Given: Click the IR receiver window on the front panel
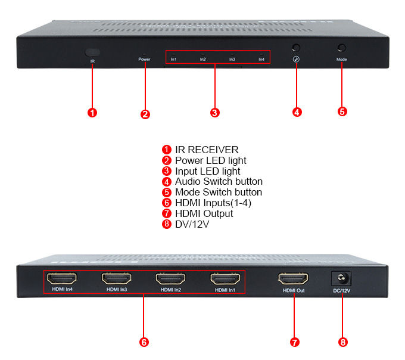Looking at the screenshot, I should (x=92, y=52).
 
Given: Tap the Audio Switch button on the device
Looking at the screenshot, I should (x=296, y=48).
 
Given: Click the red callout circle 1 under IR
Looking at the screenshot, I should (x=92, y=111).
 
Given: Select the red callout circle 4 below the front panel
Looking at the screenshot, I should (x=297, y=111).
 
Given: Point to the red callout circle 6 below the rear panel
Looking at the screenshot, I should (x=144, y=342).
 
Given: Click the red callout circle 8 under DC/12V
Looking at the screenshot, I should (x=342, y=342).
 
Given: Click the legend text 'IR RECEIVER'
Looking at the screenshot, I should (x=206, y=150).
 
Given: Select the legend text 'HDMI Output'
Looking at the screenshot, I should (x=204, y=213).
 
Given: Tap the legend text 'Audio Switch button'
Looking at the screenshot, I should (x=219, y=182).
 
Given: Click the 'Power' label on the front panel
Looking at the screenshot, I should (x=144, y=60).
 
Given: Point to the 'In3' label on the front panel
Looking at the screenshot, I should (x=232, y=60).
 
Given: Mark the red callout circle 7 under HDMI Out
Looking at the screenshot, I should (x=294, y=342).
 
